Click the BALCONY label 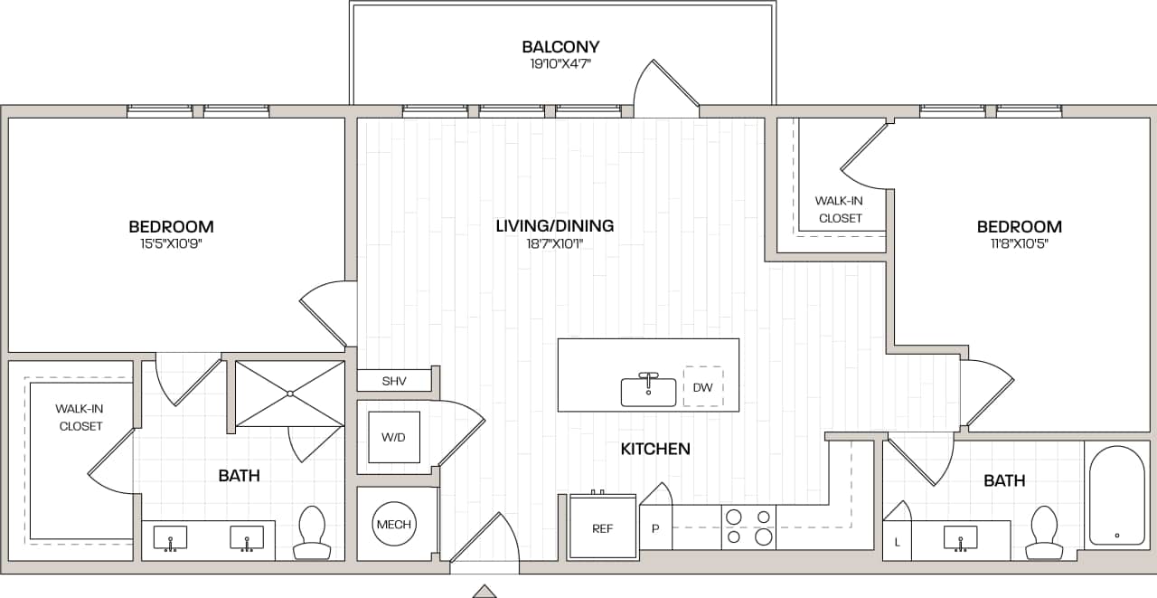pos(560,47)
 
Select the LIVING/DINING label pos(555,226)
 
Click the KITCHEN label pos(655,449)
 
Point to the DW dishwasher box pos(702,387)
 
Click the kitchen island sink pos(648,391)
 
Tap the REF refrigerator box pos(602,527)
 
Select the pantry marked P pos(655,528)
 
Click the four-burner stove pos(748,527)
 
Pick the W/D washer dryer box pos(393,438)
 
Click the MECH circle pos(394,525)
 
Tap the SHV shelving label pos(394,381)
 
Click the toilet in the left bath pos(312,533)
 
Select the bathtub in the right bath pos(1117,496)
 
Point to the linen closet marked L pos(896,541)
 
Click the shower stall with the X pos(289,394)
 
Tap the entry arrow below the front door pos(484,591)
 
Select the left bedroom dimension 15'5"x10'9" pos(171,243)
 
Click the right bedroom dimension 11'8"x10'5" pos(1019,243)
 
